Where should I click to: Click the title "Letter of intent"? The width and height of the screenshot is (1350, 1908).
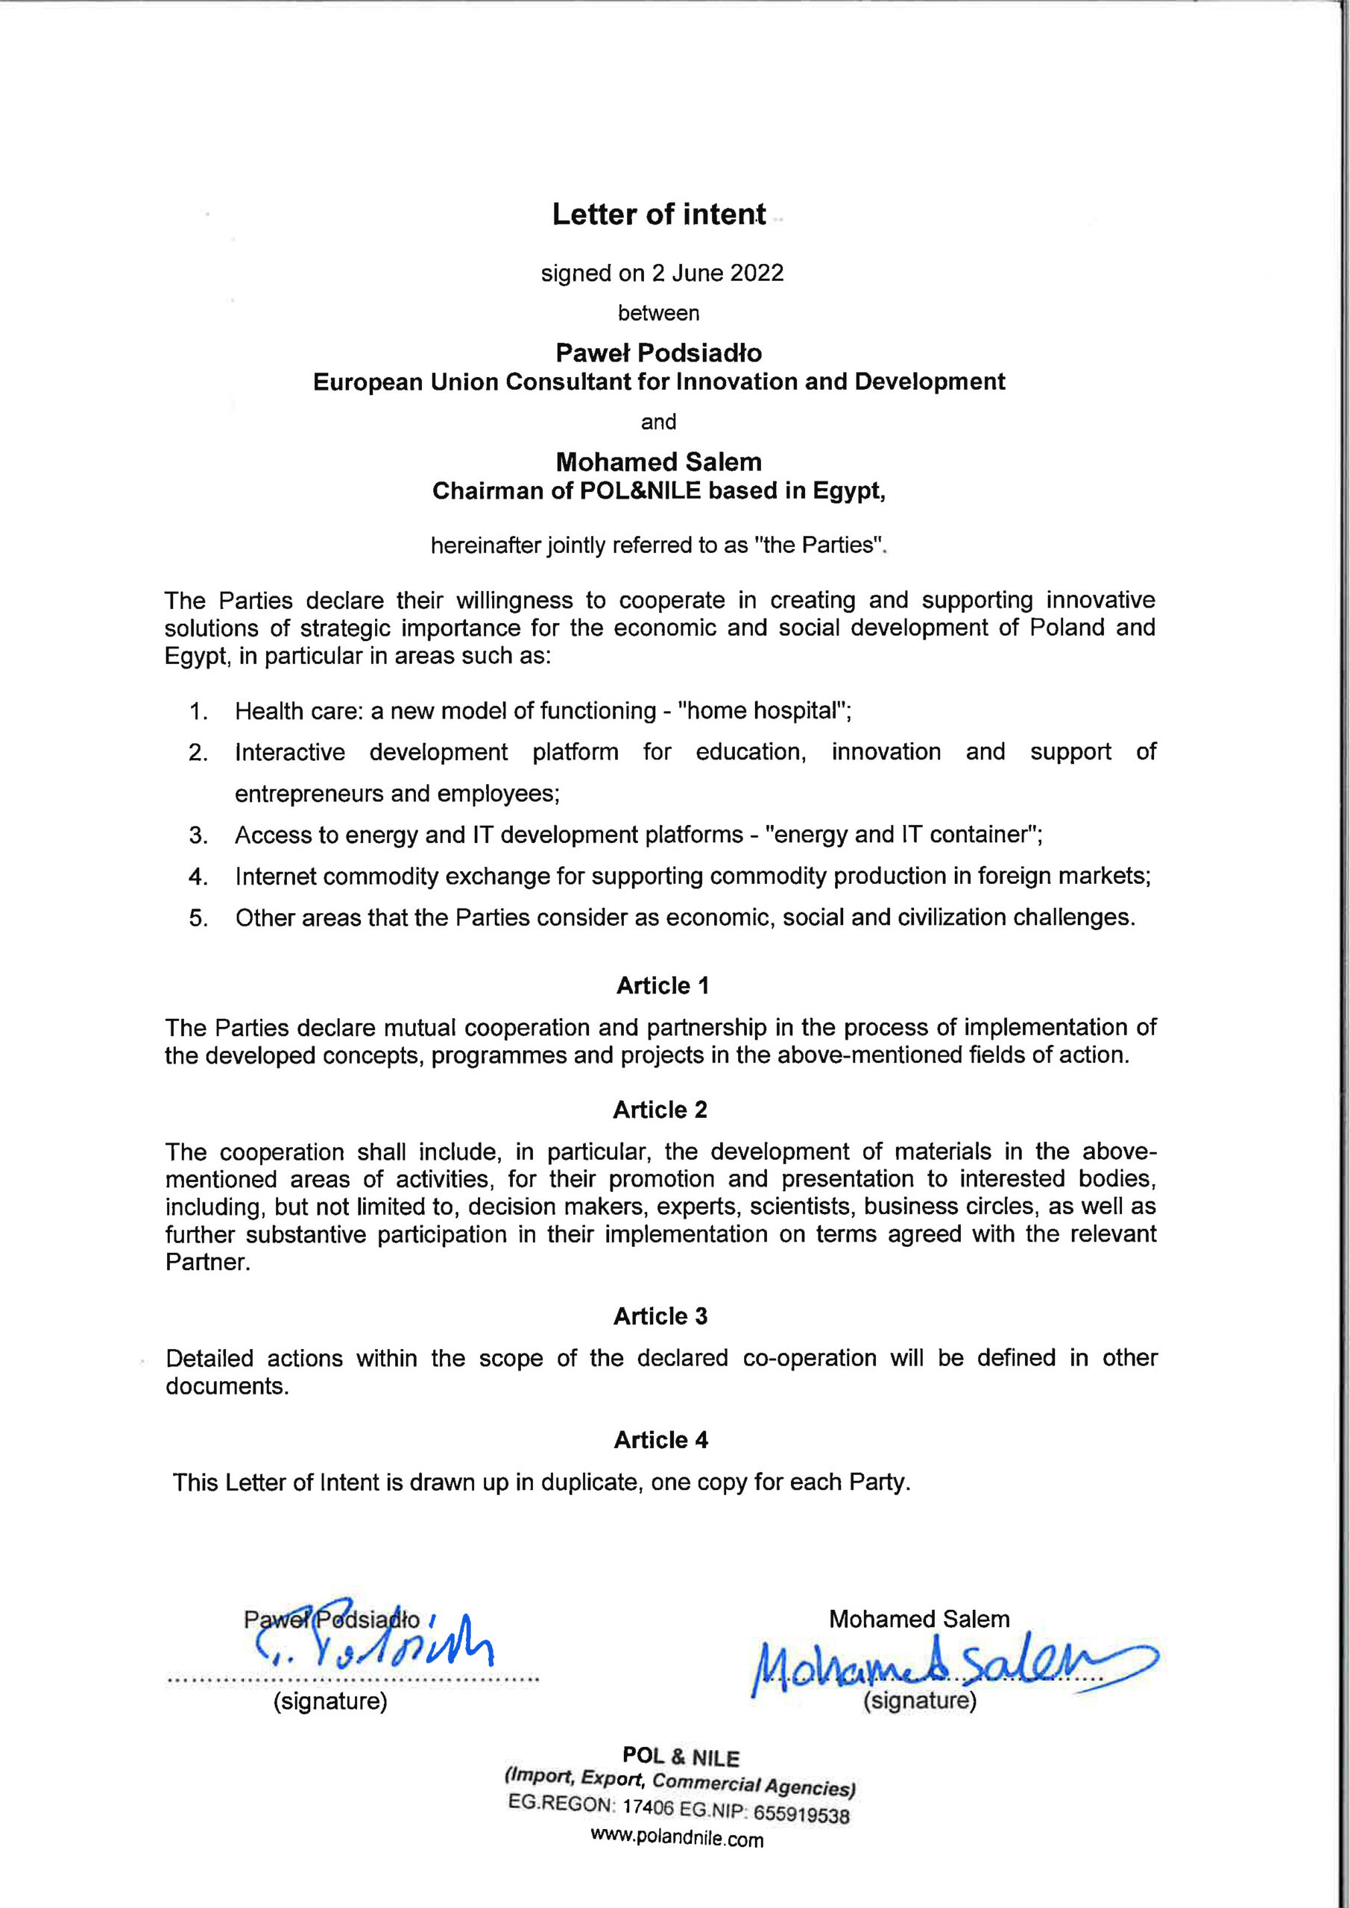[658, 215]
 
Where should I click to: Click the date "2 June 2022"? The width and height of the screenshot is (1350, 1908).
[716, 274]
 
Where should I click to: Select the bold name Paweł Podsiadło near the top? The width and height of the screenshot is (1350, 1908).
[658, 353]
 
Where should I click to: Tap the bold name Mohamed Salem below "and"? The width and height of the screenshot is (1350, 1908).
[658, 462]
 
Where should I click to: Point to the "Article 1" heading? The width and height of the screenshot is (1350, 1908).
[663, 986]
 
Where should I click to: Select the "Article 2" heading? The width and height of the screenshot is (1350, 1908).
[660, 1111]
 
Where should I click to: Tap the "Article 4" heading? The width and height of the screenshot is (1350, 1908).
[661, 1440]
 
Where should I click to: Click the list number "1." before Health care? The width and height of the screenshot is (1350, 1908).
[198, 711]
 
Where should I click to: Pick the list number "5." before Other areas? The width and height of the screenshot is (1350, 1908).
[198, 918]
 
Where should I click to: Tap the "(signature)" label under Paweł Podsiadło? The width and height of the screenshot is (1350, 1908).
[331, 1702]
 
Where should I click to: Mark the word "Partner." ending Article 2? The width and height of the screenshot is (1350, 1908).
[208, 1263]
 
